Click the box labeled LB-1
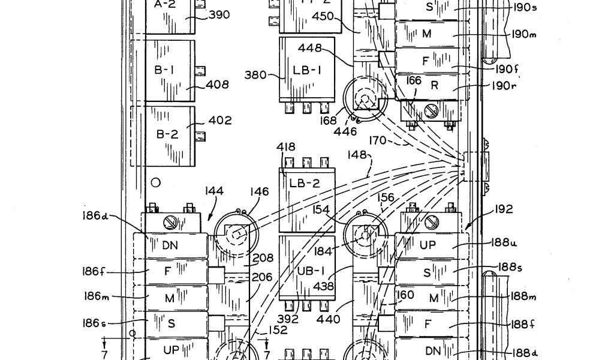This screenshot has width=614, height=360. pos(307,70)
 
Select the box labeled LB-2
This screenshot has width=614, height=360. pos(306,198)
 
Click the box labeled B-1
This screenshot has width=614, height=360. pos(164,70)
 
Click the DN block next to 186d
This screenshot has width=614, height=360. pos(171,245)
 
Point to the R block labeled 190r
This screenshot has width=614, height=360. pos(435,86)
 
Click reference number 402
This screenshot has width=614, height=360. pos(219,121)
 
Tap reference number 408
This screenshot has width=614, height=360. pos(217,85)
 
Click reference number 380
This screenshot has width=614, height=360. pos(256,76)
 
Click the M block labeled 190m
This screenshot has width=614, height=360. pos(427,34)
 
